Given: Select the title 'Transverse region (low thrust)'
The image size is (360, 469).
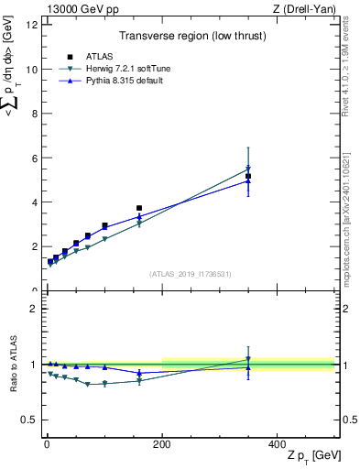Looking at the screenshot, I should point(190,38).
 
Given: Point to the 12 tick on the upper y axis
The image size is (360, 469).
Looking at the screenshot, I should point(32,25).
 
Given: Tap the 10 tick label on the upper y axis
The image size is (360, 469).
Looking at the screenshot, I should point(32,69).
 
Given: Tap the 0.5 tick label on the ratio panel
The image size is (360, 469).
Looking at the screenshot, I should point(29,420).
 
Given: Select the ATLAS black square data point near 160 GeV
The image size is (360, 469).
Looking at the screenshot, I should point(139,208).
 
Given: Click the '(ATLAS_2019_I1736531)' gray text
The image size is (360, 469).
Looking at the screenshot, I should point(190,274).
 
